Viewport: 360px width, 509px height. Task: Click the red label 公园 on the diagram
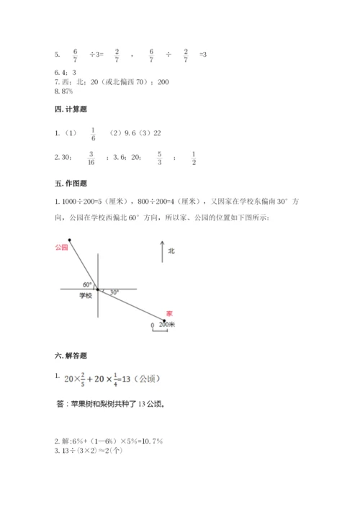[x=60, y=247]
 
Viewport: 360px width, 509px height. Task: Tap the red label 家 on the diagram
[x=169, y=313]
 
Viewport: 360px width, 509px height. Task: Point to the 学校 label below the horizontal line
[x=86, y=295]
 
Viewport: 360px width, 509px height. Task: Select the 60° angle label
[x=88, y=284]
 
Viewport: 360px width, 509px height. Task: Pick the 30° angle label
[x=114, y=292]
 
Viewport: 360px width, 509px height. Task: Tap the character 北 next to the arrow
[x=171, y=251]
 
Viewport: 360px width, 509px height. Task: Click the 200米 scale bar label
[x=168, y=325]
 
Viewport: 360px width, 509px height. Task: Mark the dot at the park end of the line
[x=70, y=240]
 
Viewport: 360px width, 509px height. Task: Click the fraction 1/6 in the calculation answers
[x=93, y=133]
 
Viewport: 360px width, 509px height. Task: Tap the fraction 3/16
[x=91, y=158]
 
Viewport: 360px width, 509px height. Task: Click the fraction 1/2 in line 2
[x=194, y=158]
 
